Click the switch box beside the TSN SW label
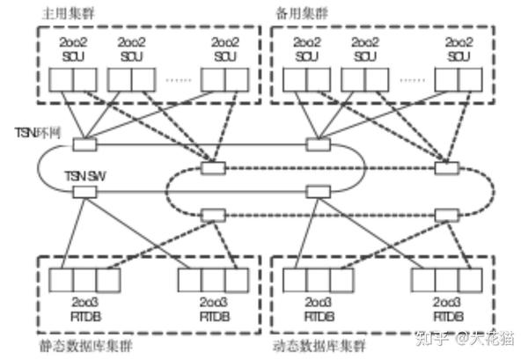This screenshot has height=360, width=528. [x=84, y=191]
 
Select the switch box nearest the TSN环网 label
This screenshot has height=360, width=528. [x=84, y=143]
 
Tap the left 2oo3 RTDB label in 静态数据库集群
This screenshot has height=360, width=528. [x=84, y=309]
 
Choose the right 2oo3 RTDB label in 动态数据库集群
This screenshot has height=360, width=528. [x=449, y=309]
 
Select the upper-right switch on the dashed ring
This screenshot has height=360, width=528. [x=446, y=166]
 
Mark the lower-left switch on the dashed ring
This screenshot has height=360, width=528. [x=209, y=215]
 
